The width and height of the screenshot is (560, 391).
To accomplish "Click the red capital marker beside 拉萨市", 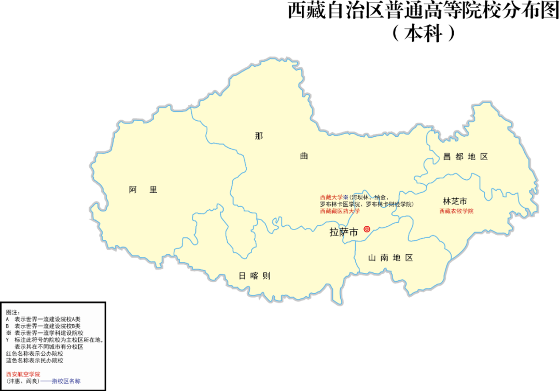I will (367, 229).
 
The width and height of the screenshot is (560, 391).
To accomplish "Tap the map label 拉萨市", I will (344, 233).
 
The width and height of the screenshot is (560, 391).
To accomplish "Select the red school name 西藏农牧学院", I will (456, 211).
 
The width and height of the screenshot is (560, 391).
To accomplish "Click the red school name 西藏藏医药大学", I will (340, 211).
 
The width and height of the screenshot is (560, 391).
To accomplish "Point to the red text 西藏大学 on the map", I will (331, 197).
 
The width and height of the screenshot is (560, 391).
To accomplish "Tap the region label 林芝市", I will (455, 201).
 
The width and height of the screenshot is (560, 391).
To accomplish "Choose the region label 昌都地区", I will (465, 157).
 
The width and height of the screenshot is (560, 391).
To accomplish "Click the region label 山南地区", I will (390, 258).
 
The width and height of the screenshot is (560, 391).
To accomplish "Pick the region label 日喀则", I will (254, 276).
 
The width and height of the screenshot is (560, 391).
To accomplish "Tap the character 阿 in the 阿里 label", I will (133, 190).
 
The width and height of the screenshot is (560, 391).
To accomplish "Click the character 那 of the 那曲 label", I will (259, 136).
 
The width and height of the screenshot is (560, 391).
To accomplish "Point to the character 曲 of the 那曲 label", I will (304, 156).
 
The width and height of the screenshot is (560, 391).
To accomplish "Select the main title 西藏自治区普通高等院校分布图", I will (423, 11).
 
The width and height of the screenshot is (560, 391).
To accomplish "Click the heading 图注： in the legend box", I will (12, 313).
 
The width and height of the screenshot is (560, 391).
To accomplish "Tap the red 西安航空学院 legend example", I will (23, 374).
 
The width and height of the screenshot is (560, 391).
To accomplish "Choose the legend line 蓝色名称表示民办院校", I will (34, 360).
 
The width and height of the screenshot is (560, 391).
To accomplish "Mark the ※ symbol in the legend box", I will (8, 333).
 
